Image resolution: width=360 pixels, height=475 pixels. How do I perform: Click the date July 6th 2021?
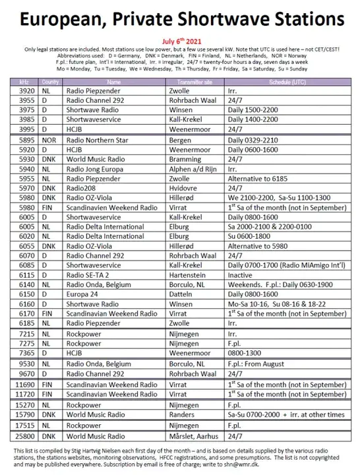tap(179, 40)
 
